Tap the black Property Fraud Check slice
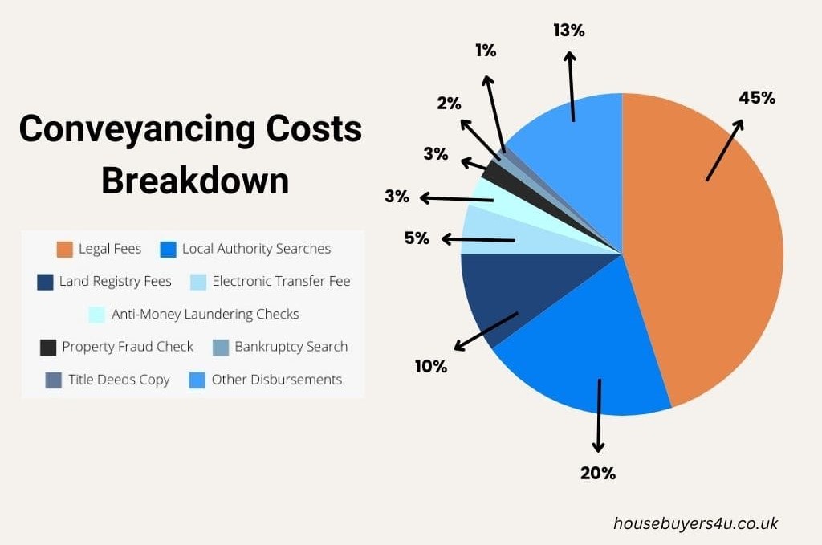(x=493, y=169)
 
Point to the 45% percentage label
(x=757, y=98)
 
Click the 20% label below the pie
(x=598, y=473)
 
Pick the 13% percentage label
(x=569, y=31)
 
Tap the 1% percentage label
(x=485, y=50)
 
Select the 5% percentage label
(x=417, y=238)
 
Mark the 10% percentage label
(x=430, y=366)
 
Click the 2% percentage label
(x=449, y=103)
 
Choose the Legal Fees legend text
(x=110, y=249)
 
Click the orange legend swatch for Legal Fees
(x=65, y=250)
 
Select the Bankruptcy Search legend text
(x=291, y=347)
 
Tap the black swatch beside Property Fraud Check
(x=48, y=348)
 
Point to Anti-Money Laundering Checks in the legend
(x=205, y=314)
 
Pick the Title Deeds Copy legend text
(x=119, y=380)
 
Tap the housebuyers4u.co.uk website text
(x=695, y=523)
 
